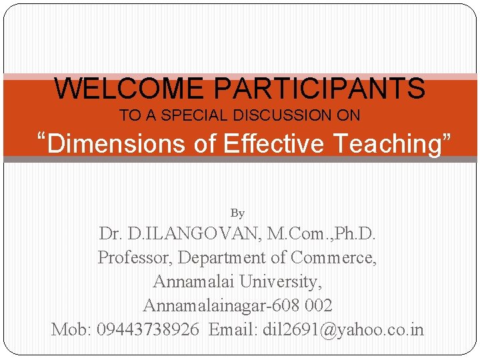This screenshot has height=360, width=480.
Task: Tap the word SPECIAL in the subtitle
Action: click(193, 115)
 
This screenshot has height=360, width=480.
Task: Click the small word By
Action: click(237, 213)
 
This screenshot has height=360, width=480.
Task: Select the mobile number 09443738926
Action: click(148, 329)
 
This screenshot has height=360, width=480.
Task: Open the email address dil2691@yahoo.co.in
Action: click(343, 329)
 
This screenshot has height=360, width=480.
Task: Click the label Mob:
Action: click(72, 329)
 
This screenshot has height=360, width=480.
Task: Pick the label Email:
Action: click(233, 329)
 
